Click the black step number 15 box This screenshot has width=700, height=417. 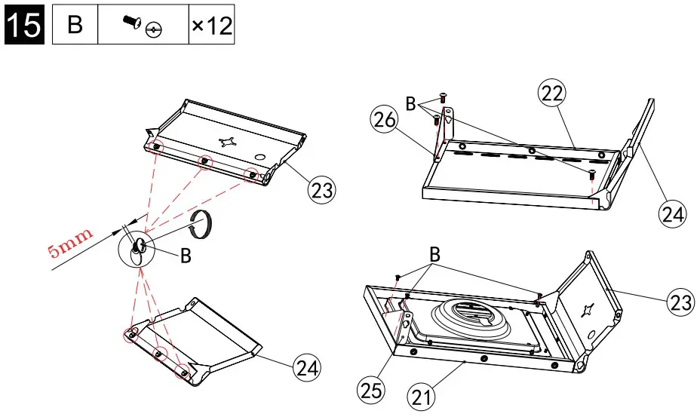tap(24, 25)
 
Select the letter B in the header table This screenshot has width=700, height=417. tap(75, 25)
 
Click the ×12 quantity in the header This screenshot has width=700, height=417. tap(211, 26)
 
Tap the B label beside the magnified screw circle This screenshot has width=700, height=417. tap(185, 256)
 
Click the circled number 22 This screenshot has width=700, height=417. tap(551, 94)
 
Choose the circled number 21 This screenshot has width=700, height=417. tap(422, 395)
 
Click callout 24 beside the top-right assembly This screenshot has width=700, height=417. tap(673, 214)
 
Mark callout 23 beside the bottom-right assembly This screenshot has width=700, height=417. tap(680, 302)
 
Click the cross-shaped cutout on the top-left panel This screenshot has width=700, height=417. tap(228, 141)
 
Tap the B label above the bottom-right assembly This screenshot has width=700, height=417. tap(434, 254)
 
